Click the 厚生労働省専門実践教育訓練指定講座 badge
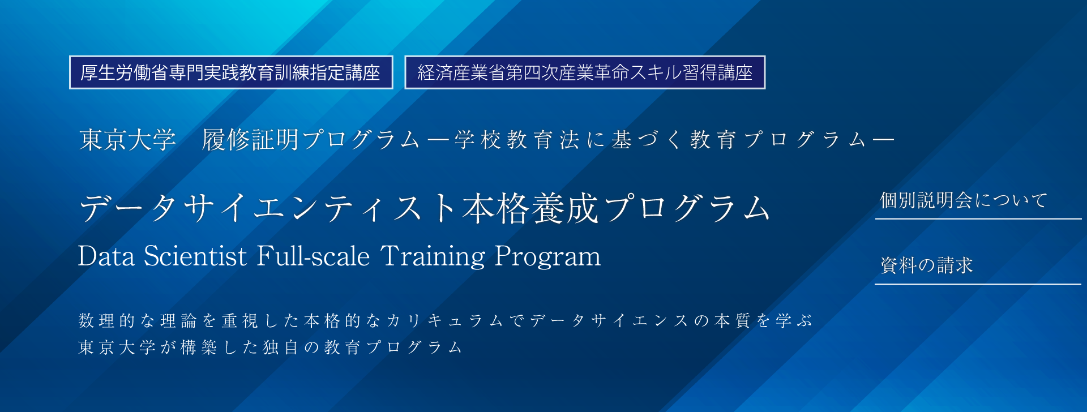231,72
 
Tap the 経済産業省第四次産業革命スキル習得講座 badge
585,72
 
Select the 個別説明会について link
964,200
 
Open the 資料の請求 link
926,265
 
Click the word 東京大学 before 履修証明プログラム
128,140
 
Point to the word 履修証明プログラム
311,140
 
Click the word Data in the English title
106,256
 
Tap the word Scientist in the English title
195,256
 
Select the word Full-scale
313,256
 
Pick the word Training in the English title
433,257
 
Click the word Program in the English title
548,257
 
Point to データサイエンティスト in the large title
269,208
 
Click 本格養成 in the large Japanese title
530,208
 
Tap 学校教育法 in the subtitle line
517,140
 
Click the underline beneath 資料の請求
978,284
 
